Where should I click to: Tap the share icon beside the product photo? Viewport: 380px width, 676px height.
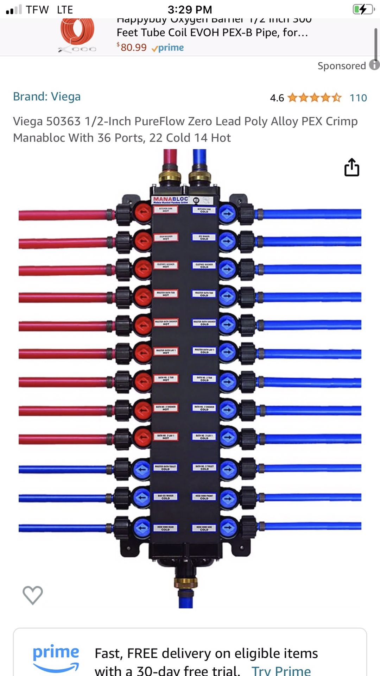[x=351, y=167]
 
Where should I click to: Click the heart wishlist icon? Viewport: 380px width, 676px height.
[x=33, y=595]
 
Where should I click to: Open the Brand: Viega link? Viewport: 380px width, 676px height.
[x=47, y=96]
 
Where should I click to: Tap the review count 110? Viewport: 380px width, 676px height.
[x=358, y=98]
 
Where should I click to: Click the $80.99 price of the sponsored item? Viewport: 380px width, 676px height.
[x=133, y=47]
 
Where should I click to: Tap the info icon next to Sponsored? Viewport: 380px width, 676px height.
[x=374, y=65]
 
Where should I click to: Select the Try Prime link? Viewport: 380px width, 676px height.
[x=281, y=670]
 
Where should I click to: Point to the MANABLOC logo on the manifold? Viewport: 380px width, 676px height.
[x=171, y=200]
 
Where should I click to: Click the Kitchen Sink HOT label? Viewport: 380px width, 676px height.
[x=166, y=210]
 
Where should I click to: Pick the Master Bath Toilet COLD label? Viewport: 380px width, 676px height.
[x=165, y=468]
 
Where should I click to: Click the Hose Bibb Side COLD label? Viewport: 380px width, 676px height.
[x=204, y=528]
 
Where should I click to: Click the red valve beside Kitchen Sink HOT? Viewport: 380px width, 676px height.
[x=143, y=212]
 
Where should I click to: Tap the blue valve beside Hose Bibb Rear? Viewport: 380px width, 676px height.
[x=142, y=528]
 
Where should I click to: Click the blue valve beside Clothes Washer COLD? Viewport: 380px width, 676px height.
[x=228, y=269]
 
